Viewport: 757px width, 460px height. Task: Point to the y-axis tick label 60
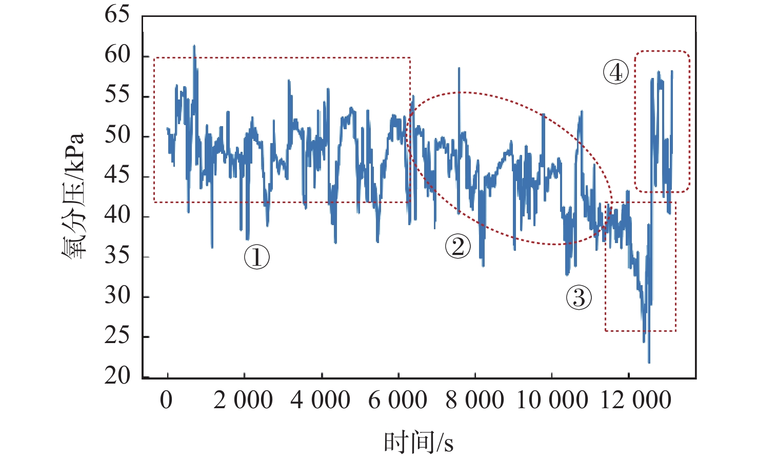click(x=117, y=55)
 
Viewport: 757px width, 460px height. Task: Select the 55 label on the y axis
click(x=117, y=95)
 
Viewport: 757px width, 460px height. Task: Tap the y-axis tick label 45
click(x=117, y=175)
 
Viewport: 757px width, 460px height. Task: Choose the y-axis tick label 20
click(x=117, y=376)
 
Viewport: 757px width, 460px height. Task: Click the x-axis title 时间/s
click(x=419, y=443)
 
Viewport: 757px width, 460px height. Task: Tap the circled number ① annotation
click(x=256, y=256)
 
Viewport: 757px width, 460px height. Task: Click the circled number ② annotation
click(x=457, y=246)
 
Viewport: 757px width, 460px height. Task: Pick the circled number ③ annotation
click(x=579, y=297)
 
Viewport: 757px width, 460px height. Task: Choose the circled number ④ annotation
click(x=615, y=72)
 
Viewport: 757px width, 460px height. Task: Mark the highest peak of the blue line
click(x=194, y=46)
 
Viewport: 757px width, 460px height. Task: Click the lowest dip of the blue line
click(x=649, y=363)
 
